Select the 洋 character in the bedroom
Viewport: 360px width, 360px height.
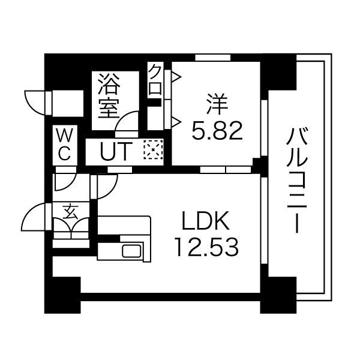217,103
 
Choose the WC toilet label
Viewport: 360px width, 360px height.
64,144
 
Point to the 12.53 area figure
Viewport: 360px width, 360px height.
206,246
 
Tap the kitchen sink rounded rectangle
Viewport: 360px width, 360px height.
132,251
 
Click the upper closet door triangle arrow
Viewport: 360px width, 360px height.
176,76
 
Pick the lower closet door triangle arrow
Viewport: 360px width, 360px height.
176,122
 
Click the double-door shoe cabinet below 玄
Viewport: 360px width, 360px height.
71,229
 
